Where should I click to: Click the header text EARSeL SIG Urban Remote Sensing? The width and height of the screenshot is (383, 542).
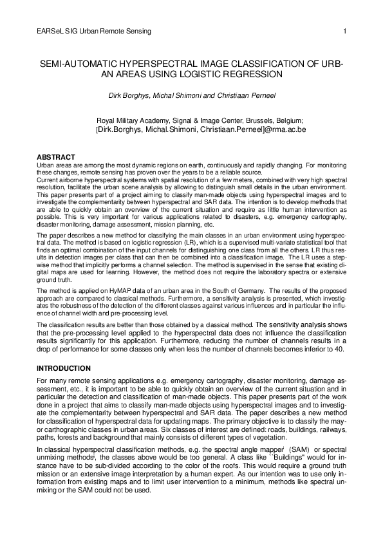coord(94,31)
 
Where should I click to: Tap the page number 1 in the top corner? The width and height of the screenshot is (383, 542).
coord(345,31)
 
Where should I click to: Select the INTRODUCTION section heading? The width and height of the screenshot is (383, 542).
coord(63,368)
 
